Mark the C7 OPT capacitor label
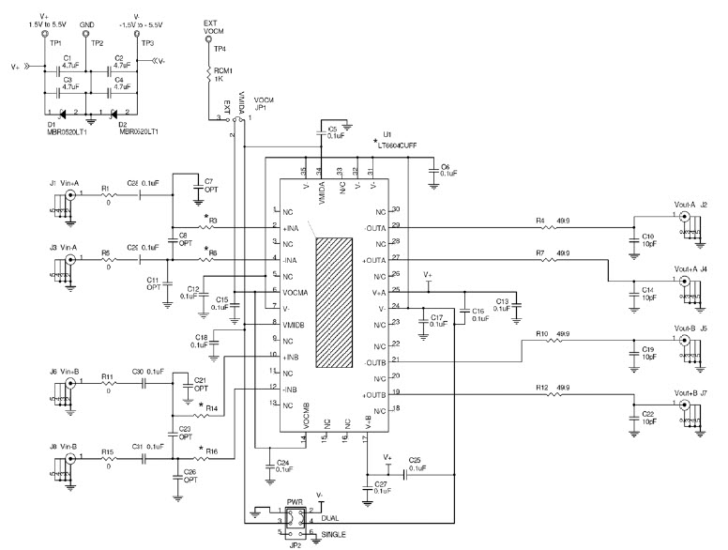pyautogui.click(x=208, y=185)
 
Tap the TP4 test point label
pyautogui.click(x=218, y=48)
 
